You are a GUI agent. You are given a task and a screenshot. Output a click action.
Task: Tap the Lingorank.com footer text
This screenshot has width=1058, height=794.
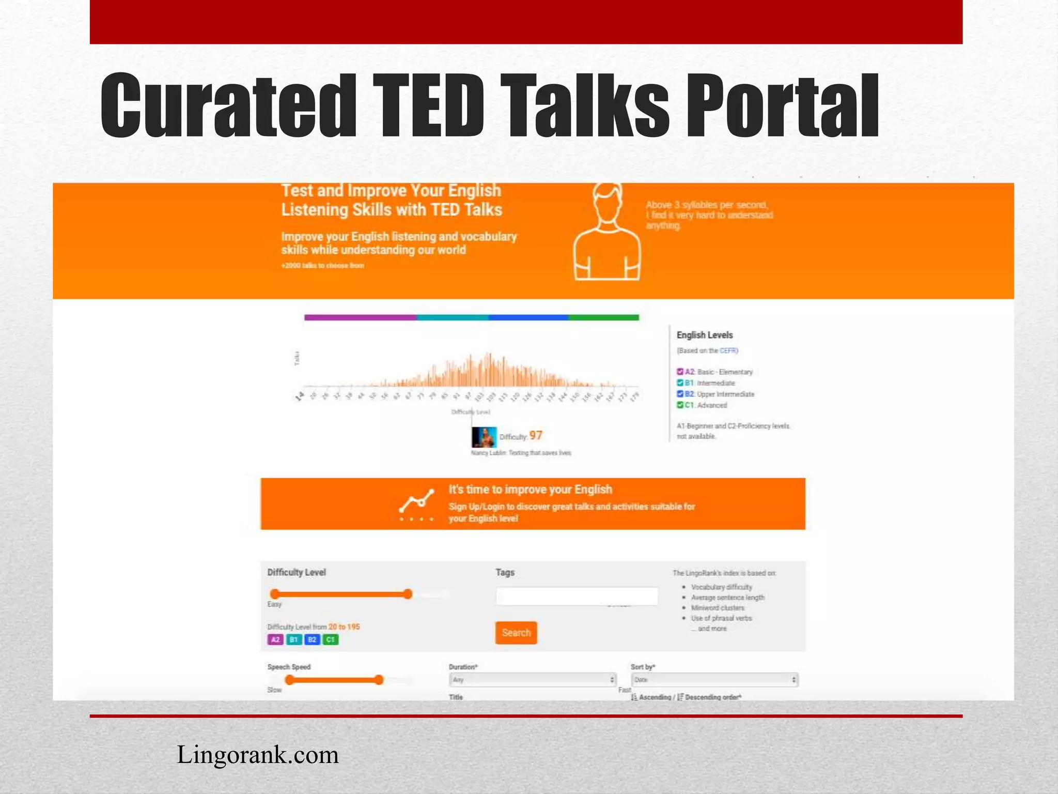click(x=257, y=755)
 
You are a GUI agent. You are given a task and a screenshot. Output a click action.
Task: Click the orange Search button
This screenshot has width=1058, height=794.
click(x=516, y=633)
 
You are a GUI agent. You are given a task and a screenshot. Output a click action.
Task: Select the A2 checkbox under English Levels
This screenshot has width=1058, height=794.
click(x=680, y=372)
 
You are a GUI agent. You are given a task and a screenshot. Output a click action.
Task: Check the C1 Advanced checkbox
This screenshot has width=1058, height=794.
click(x=680, y=405)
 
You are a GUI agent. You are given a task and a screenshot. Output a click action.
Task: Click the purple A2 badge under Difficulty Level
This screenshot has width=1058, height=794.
click(x=275, y=639)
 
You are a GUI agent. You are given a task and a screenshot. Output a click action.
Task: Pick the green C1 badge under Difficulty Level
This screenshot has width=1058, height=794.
click(x=331, y=639)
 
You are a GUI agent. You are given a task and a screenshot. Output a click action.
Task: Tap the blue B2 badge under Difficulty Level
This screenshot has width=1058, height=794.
click(x=312, y=639)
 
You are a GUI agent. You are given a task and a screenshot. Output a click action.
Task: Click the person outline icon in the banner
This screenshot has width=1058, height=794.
click(x=608, y=233)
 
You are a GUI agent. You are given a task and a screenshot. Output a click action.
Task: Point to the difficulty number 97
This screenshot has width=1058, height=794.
click(x=536, y=436)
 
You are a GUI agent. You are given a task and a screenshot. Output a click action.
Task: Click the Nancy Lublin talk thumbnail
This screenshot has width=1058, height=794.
click(x=484, y=437)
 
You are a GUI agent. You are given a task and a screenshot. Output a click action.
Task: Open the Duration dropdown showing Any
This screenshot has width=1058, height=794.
click(x=533, y=680)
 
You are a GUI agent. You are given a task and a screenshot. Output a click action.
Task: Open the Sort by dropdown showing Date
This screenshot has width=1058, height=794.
click(x=714, y=680)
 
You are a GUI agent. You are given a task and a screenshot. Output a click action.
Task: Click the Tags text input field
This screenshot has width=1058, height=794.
click(x=577, y=596)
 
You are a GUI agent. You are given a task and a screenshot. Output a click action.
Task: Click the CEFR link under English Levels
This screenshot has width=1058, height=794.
click(x=728, y=350)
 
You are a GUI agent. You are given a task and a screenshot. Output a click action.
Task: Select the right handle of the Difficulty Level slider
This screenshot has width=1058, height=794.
click(x=408, y=594)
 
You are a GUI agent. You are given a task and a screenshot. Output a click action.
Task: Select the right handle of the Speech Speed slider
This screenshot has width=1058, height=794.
click(x=379, y=680)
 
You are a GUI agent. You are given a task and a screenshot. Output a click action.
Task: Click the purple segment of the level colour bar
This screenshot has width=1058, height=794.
click(x=361, y=317)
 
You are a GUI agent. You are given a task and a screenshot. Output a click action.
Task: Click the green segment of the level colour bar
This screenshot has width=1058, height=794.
click(x=604, y=317)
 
